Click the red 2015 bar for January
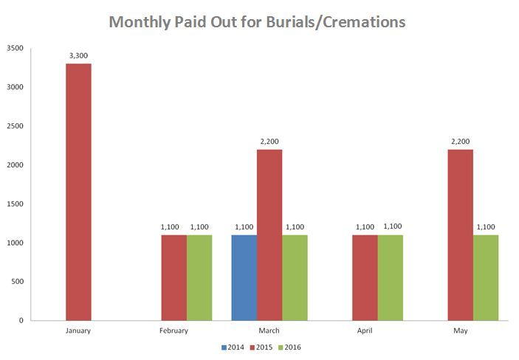click(x=78, y=192)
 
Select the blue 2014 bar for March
click(x=244, y=277)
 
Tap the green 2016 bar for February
click(x=199, y=277)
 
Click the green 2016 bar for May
click(x=486, y=277)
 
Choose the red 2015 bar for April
click(x=365, y=277)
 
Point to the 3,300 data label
click(x=78, y=55)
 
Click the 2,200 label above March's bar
click(x=269, y=141)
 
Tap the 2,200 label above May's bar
click(x=461, y=141)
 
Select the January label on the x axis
click(x=78, y=330)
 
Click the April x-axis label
click(x=365, y=330)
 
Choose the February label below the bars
click(x=173, y=330)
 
